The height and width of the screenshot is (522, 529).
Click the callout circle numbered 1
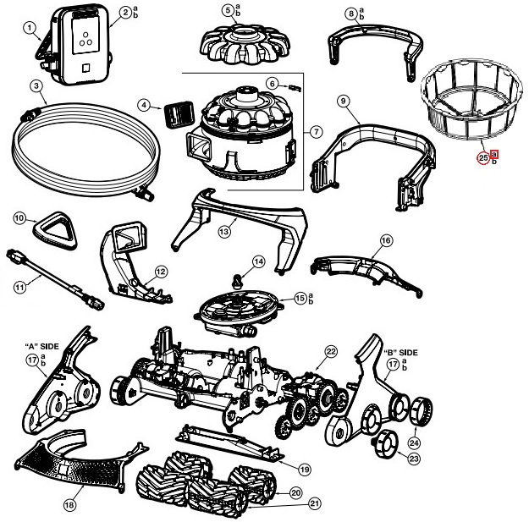30,29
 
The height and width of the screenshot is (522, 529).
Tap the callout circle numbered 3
36,85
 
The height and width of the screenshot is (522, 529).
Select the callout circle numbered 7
316,131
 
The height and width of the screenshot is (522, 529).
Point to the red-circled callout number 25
483,157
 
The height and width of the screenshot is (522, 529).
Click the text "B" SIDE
401,351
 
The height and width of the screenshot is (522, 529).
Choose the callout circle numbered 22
331,351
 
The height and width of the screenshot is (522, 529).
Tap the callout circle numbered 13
224,231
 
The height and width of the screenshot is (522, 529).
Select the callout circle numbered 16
386,241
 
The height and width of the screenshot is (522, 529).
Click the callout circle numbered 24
414,442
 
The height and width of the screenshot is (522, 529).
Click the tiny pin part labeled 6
294,85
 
